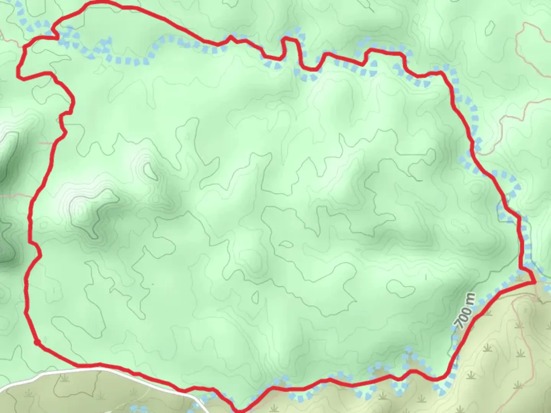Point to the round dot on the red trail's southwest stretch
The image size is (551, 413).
point(37,342)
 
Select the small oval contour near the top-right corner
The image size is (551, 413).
point(489,27)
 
